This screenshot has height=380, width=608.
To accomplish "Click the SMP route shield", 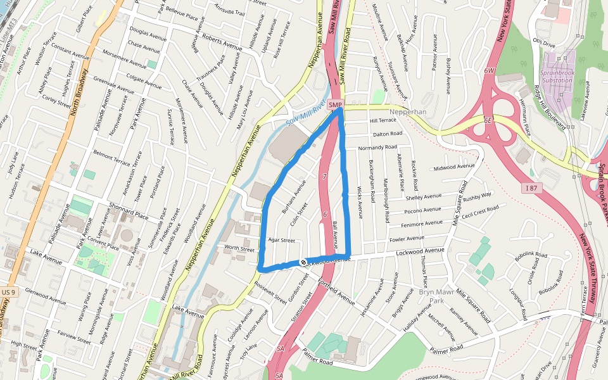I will [x=336, y=104].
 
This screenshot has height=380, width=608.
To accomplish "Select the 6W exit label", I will [x=488, y=71].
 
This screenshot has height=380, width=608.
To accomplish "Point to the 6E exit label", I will [x=487, y=119].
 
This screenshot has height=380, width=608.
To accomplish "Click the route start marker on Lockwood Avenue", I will [x=303, y=262].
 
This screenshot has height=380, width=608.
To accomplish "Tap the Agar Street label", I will [x=282, y=240].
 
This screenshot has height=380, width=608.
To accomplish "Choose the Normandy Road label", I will [x=377, y=148].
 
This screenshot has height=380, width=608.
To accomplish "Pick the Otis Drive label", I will [x=543, y=44].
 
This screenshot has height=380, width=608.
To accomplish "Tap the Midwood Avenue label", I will [x=453, y=167].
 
